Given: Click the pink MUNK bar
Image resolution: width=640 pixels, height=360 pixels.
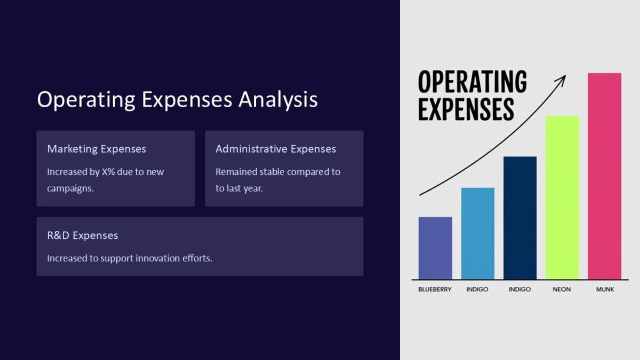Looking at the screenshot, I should [604, 176].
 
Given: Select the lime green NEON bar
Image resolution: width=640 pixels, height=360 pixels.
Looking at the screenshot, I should [562, 197].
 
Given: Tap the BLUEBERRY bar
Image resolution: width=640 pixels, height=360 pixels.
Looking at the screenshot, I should [435, 248].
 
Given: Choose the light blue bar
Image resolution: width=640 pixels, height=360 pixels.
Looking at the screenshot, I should [477, 233].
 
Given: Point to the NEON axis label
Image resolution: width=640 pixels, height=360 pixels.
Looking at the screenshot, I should [562, 289].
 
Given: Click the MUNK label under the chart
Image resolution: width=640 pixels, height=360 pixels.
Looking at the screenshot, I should [605, 289].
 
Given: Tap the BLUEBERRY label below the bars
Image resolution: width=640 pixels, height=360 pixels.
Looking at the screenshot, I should [435, 289].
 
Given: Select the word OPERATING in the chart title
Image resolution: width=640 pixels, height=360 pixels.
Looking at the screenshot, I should [472, 82].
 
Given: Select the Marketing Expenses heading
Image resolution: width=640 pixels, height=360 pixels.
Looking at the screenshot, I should [97, 149].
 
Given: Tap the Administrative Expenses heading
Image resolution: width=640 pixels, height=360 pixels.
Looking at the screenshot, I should [276, 149].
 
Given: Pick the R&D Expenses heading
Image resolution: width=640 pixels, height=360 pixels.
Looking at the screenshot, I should [83, 235].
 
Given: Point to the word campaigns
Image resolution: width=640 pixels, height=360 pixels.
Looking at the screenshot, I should [70, 188].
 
